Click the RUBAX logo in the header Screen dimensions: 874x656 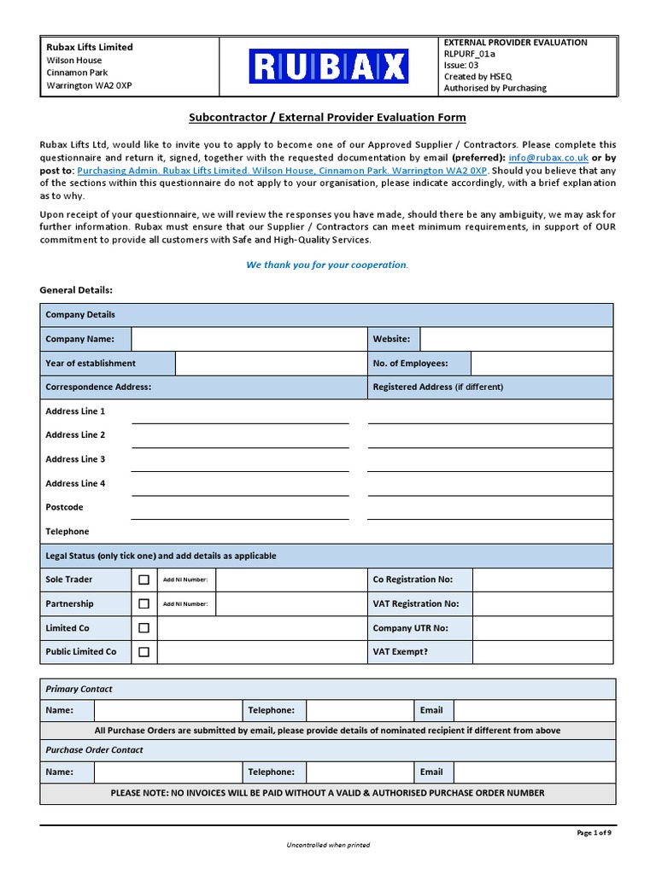328,66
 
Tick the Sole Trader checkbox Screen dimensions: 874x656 143,580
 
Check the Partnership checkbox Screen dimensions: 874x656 143,603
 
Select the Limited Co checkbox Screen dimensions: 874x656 143,628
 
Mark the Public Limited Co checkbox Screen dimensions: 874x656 143,652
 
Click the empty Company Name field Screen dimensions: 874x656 249,339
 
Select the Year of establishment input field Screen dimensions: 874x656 271,364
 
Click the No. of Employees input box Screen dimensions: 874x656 541,364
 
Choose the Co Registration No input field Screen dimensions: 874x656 542,580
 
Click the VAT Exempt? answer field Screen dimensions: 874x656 542,652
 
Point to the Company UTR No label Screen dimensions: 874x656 410,628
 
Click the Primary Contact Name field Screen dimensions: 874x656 168,710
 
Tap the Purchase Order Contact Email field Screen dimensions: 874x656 534,772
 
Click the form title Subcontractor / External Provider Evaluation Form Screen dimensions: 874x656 327,118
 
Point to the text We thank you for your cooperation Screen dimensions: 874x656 327,265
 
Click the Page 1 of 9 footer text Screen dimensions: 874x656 594,833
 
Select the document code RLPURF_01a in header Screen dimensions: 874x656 469,54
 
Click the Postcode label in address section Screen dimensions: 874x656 64,507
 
